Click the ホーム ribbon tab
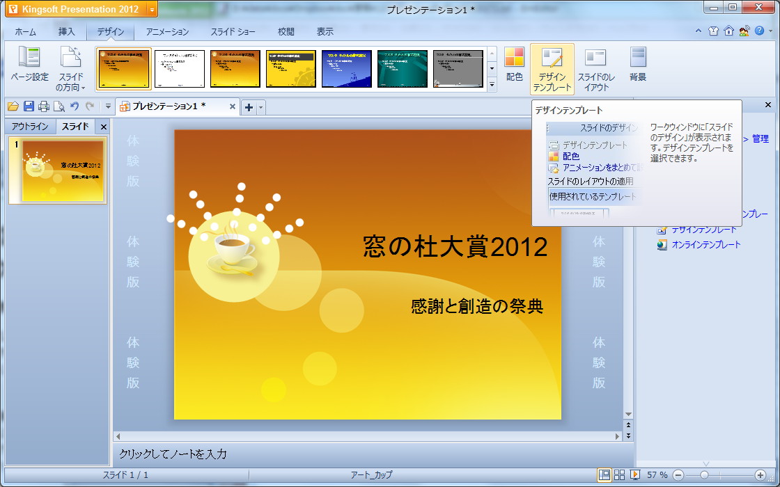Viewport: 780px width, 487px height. pos(25,32)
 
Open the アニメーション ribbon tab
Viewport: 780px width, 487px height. pos(167,32)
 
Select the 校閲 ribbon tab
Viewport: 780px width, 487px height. pos(286,32)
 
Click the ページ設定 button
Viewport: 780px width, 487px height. pos(29,64)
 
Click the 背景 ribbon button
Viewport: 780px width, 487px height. pos(637,64)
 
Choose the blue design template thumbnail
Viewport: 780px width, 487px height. pos(346,69)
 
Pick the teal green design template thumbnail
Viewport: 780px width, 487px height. pos(402,69)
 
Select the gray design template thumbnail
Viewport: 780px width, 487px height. pos(458,69)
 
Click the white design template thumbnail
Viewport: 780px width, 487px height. pos(179,69)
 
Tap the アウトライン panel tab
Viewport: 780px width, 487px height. pos(30,127)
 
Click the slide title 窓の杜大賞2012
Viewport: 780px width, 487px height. pos(455,247)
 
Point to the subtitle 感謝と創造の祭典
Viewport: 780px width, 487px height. pos(476,306)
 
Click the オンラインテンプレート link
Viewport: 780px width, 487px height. pos(705,245)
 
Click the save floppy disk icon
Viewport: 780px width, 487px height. pos(29,106)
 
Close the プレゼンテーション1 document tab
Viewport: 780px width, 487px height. pos(233,106)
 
